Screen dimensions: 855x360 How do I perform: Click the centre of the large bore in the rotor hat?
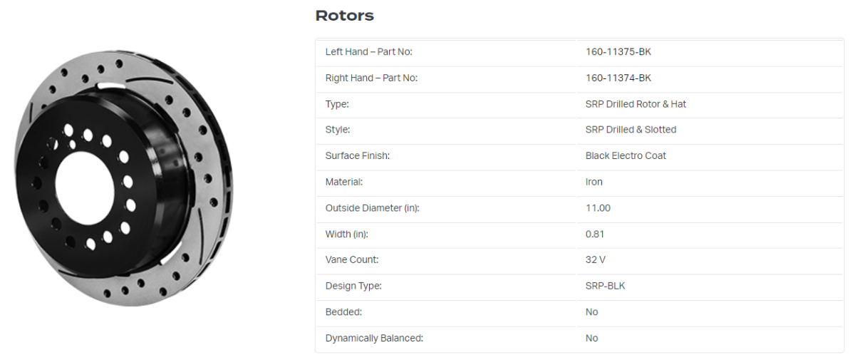pos(85,187)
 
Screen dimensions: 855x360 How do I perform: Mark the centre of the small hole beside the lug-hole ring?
pos(72,145)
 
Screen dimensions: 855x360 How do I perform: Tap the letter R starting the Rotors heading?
pos(322,16)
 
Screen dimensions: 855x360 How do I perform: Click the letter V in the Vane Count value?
pos(602,260)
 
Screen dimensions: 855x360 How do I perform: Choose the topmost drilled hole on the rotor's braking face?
pos(119,63)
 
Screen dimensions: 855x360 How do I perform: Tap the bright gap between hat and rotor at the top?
pos(110,86)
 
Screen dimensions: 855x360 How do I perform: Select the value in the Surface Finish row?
pos(626,155)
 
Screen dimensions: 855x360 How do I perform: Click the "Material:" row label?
pos(344,182)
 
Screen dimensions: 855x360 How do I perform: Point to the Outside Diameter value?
pos(598,208)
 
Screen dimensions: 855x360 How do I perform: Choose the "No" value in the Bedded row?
pos(591,312)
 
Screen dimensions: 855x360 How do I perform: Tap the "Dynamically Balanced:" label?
pos(374,338)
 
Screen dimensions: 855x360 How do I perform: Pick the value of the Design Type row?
pos(605,286)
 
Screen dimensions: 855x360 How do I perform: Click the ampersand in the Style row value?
pos(640,130)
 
